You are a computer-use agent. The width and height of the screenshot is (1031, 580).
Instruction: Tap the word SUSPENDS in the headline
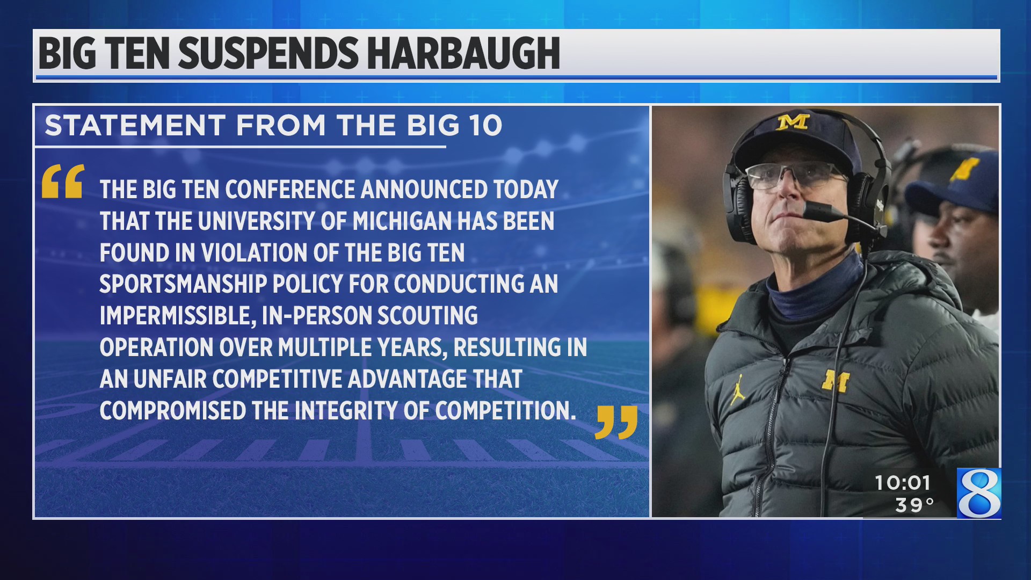[268, 54]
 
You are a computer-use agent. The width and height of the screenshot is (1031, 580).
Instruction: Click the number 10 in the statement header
[484, 125]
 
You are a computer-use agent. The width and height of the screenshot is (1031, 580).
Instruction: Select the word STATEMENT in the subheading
[135, 125]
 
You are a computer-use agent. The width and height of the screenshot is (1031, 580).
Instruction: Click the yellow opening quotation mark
[63, 182]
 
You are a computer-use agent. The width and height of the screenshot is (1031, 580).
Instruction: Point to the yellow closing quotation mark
[616, 422]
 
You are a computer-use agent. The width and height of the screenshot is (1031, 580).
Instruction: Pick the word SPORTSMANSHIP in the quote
[183, 284]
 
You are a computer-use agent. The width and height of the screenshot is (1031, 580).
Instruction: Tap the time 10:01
[902, 483]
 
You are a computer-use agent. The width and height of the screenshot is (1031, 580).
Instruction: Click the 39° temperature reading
[914, 505]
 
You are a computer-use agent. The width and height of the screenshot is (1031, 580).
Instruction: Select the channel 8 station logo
[979, 493]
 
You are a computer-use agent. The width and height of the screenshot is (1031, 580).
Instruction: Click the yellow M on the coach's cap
[793, 122]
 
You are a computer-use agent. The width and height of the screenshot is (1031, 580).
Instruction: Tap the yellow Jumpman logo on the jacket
[738, 389]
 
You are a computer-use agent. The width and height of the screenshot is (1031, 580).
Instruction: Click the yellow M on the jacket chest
[835, 380]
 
